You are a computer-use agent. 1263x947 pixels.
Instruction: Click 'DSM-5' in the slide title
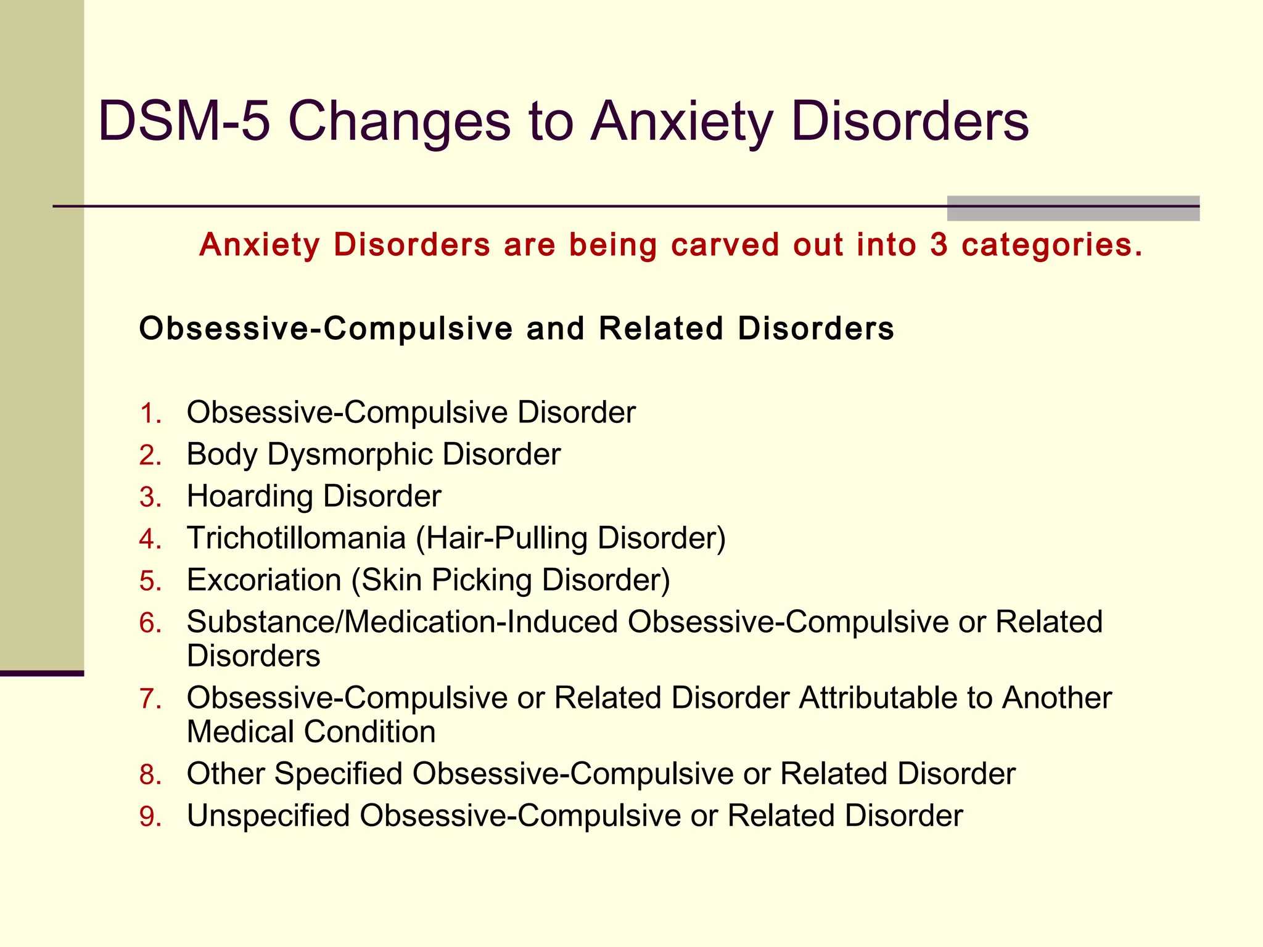(x=184, y=121)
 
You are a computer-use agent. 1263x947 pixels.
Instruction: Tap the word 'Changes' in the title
(x=399, y=121)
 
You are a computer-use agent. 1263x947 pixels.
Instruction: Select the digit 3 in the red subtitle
(x=939, y=245)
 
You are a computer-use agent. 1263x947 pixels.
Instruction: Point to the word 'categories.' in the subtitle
(x=1052, y=246)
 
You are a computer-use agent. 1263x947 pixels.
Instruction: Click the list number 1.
(x=150, y=413)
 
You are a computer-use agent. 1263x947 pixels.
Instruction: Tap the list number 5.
(x=150, y=581)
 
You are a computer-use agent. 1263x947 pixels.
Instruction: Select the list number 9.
(x=150, y=816)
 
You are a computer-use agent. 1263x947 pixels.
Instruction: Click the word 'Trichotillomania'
(x=296, y=538)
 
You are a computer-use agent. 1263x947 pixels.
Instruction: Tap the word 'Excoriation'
(x=264, y=580)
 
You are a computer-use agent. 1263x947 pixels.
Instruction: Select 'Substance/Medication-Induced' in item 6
(x=402, y=622)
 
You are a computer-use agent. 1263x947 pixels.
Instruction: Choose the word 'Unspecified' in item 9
(x=268, y=816)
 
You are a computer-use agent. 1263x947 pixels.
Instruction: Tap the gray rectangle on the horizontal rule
(x=1073, y=208)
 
